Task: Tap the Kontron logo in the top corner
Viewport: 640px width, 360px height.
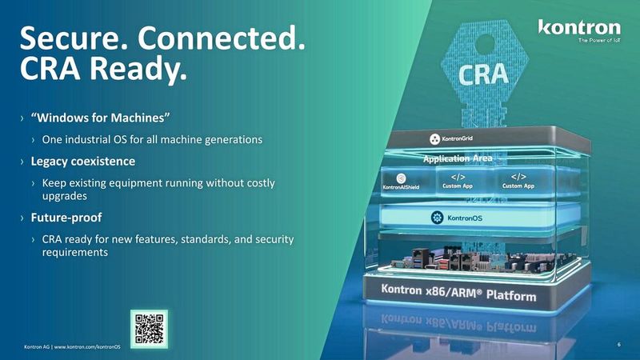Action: click(578, 29)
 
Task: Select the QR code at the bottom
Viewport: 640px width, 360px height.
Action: click(150, 327)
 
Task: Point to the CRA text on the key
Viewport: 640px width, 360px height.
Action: click(483, 74)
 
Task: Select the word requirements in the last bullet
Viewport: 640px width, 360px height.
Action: click(74, 251)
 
